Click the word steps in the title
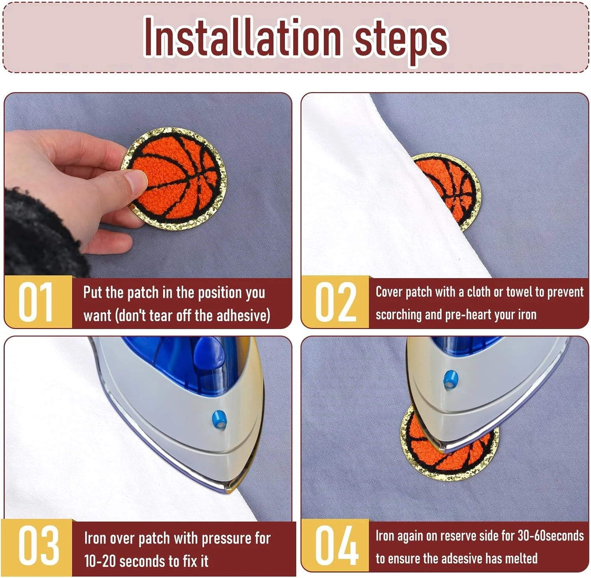coord(401,41)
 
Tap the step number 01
coord(36,302)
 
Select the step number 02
coord(336,302)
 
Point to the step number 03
coord(39,546)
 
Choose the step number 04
coord(336,546)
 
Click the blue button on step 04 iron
coord(449,379)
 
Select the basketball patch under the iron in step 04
coord(449,445)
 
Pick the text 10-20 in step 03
coord(100,561)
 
